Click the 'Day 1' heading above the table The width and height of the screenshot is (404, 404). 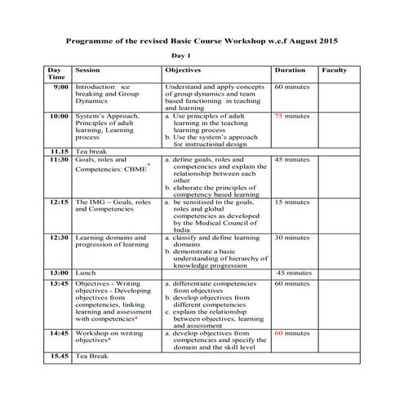180,55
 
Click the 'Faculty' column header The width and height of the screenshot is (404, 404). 334,71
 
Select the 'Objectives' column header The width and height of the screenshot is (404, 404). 183,71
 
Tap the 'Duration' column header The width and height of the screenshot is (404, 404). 291,71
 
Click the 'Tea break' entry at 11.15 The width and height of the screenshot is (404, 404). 88,152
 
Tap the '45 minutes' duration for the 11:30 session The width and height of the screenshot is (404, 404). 292,160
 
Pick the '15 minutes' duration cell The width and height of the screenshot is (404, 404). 292,201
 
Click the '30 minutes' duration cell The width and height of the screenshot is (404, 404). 292,238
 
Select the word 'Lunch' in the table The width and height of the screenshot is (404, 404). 86,273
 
